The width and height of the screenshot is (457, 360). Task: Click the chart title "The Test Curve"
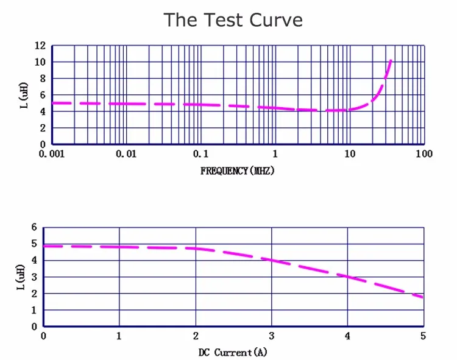click(x=233, y=20)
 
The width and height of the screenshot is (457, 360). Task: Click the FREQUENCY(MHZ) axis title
click(x=237, y=171)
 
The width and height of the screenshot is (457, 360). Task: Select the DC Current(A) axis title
click(x=233, y=352)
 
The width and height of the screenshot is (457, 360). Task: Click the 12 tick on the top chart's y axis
click(x=40, y=46)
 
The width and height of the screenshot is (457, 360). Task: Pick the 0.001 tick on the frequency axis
click(x=51, y=154)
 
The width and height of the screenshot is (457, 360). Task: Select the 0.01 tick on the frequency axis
click(x=126, y=154)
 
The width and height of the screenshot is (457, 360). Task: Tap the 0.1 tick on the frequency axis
click(x=200, y=154)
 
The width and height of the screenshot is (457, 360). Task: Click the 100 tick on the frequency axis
click(x=423, y=154)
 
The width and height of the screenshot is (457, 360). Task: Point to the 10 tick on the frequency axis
click(x=349, y=154)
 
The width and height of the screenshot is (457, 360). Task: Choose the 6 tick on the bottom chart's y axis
click(x=34, y=227)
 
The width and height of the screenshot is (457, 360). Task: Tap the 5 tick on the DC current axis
click(x=423, y=336)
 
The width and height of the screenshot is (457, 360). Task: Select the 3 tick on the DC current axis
click(x=271, y=336)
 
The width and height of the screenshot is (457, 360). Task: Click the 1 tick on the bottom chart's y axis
click(x=34, y=310)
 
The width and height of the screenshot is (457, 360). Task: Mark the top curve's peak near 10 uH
click(x=391, y=61)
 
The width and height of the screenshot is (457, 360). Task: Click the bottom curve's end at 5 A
click(x=422, y=297)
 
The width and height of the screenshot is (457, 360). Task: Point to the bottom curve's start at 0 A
click(x=45, y=246)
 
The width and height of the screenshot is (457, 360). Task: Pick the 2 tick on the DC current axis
click(x=196, y=336)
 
